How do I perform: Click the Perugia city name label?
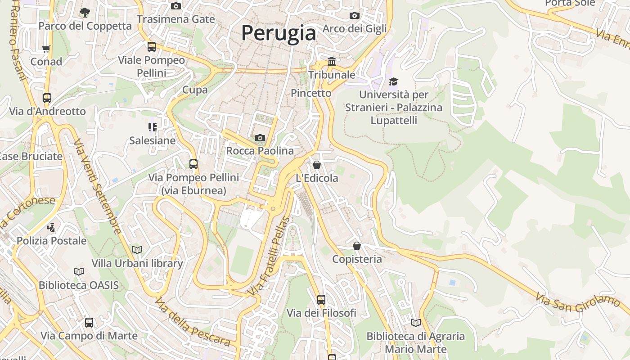pos(279,33)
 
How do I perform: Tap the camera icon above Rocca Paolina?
pos(260,138)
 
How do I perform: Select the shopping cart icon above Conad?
pos(46,49)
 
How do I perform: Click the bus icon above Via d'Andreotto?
pos(47,98)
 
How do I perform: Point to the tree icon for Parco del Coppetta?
pos(85,12)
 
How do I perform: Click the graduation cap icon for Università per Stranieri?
pos(394,81)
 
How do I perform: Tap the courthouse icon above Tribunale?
pos(332,61)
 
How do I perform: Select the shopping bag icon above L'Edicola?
pos(317,165)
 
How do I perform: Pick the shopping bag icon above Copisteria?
pos(357,246)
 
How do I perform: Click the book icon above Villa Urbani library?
pos(137,250)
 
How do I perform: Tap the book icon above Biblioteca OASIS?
pos(79,271)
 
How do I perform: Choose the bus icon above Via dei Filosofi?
pos(321,299)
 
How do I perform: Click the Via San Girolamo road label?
pos(578,302)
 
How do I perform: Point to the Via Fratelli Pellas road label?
pos(269,256)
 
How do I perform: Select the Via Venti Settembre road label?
pos(98,186)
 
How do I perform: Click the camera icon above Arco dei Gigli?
pos(355,16)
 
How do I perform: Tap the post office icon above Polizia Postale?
pos(51,227)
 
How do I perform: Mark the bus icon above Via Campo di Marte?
pos(89,322)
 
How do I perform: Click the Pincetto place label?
pos(311,93)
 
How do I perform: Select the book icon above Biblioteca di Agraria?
pos(416,323)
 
